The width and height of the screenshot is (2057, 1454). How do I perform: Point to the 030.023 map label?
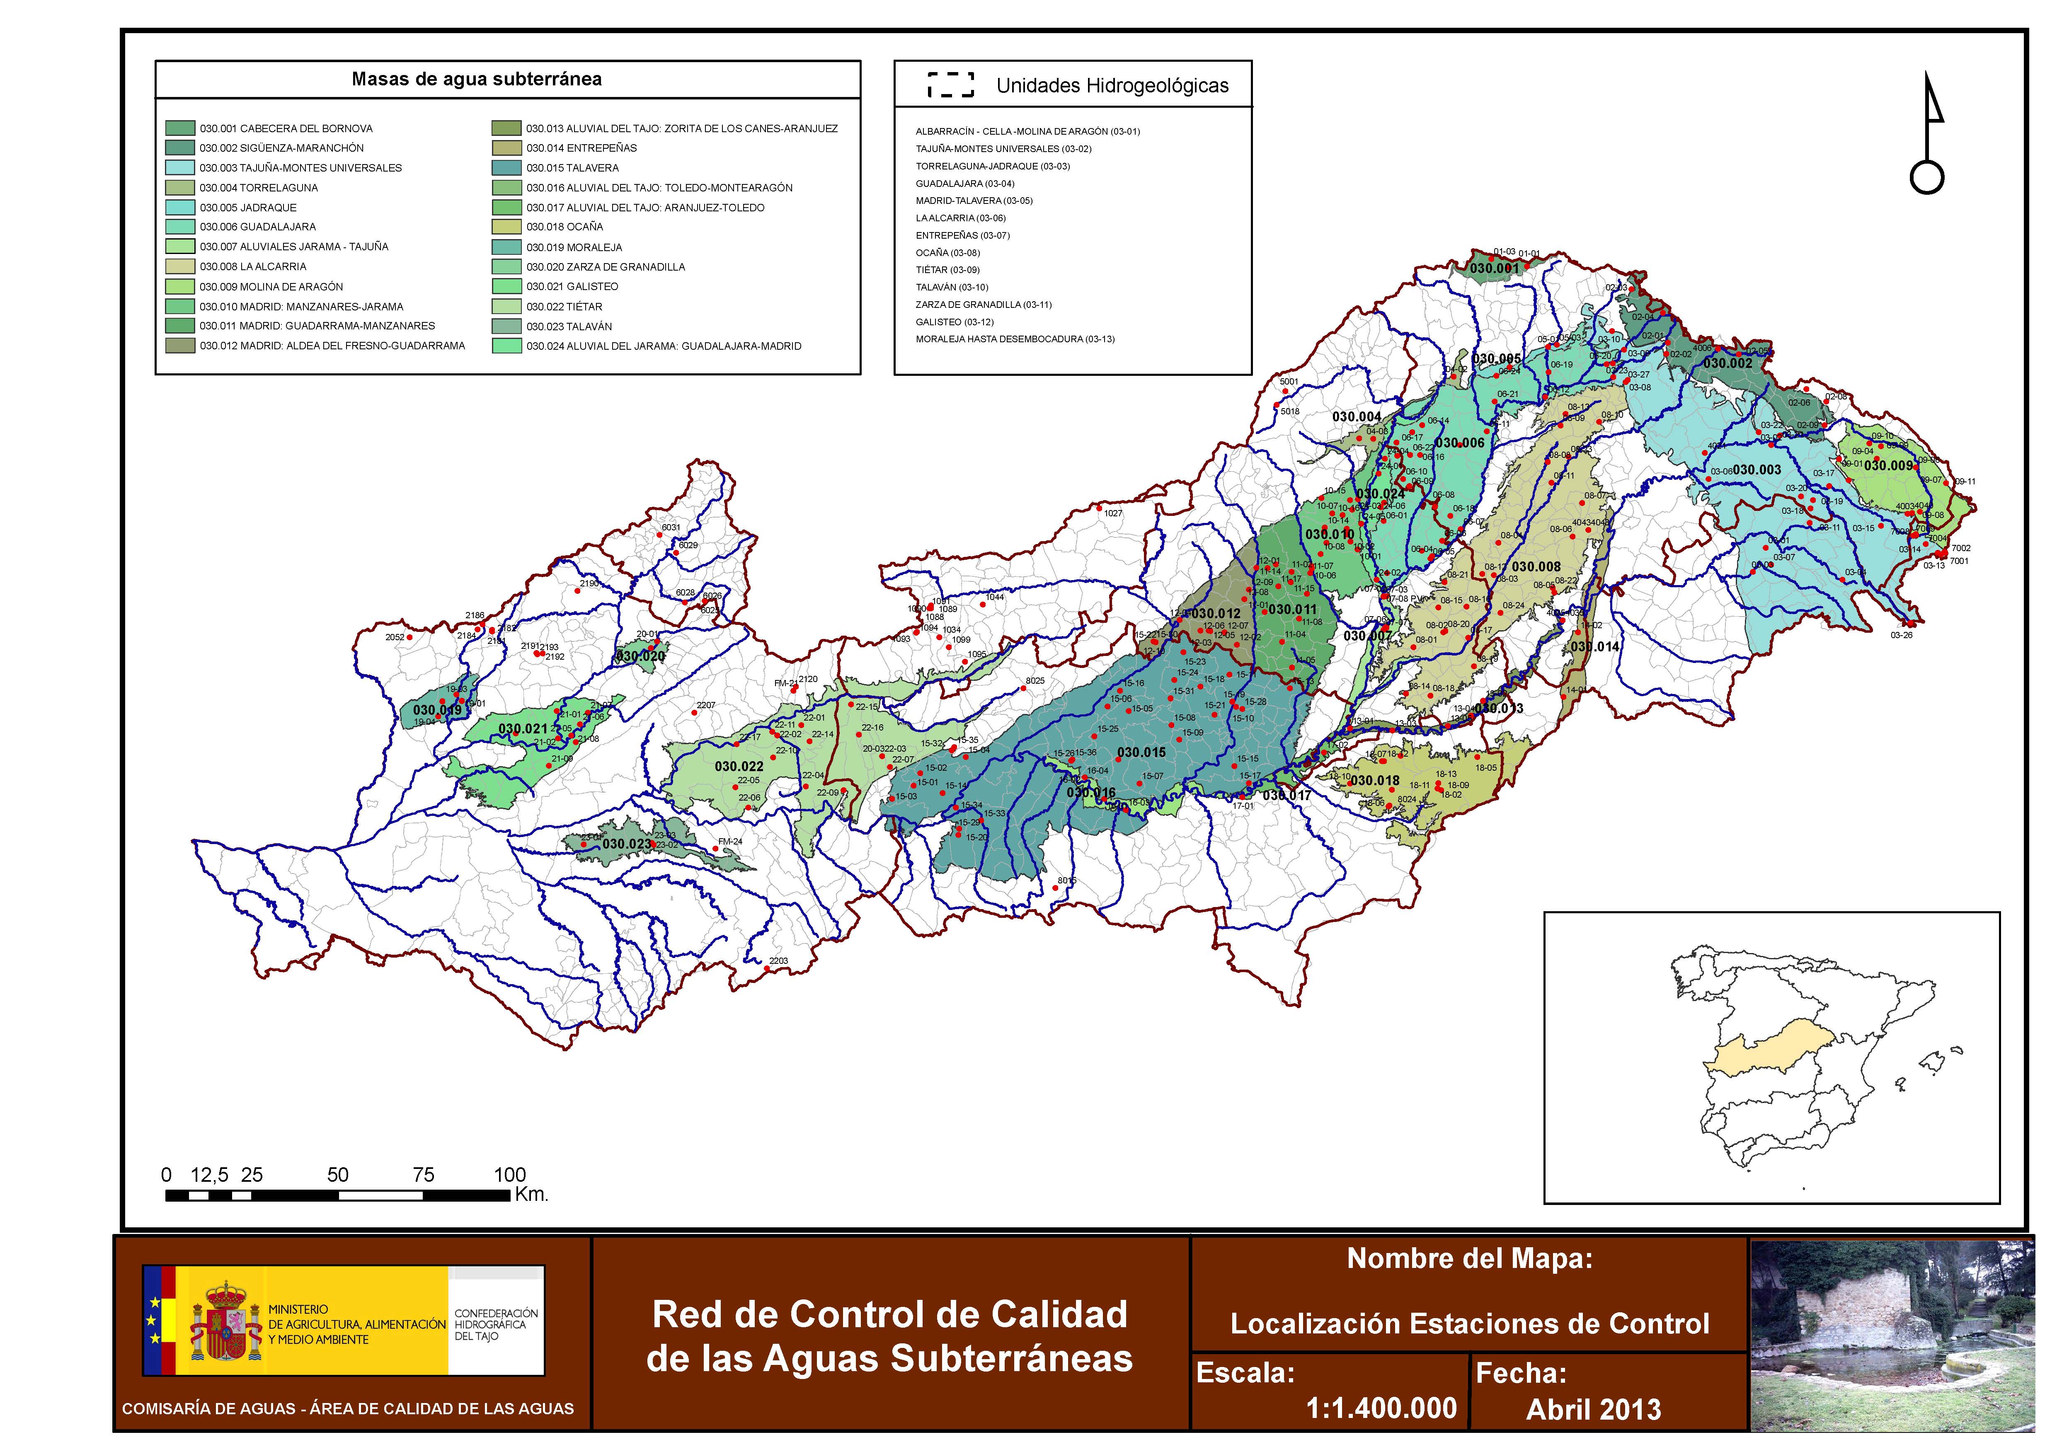(x=626, y=844)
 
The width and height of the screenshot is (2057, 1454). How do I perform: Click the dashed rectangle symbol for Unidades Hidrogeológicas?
(x=950, y=85)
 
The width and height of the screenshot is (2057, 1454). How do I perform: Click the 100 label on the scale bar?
(x=510, y=1174)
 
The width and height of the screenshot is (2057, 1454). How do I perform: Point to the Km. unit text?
(x=531, y=1195)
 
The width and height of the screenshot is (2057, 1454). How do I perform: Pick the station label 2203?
(x=778, y=961)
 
